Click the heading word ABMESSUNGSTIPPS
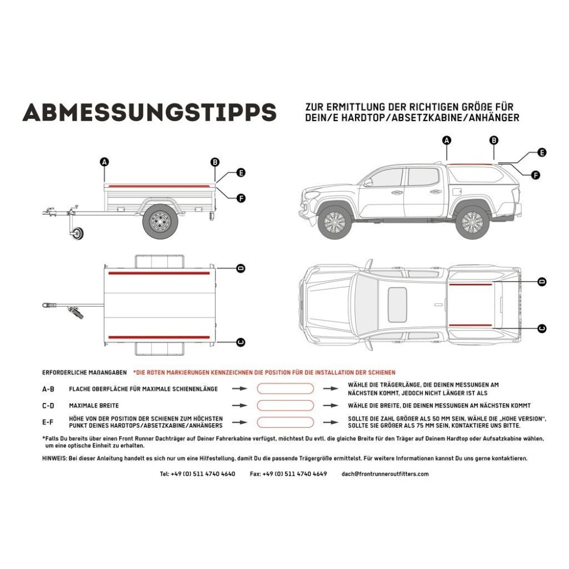pos(149,112)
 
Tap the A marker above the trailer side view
pos(104,162)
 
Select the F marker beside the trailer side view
pos(241,198)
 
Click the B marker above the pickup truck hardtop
pos(494,140)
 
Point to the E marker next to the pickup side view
pos(542,152)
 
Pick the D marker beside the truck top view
pos(542,282)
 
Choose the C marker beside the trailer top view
pos(241,341)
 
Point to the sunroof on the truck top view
pos(397,303)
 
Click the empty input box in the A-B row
pos(285,389)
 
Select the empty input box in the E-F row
pos(285,423)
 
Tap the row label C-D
pos(48,406)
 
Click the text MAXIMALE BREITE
pos(94,406)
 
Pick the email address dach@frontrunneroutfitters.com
pos(385,473)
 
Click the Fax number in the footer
pos(288,473)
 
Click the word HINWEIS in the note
pos(55,458)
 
